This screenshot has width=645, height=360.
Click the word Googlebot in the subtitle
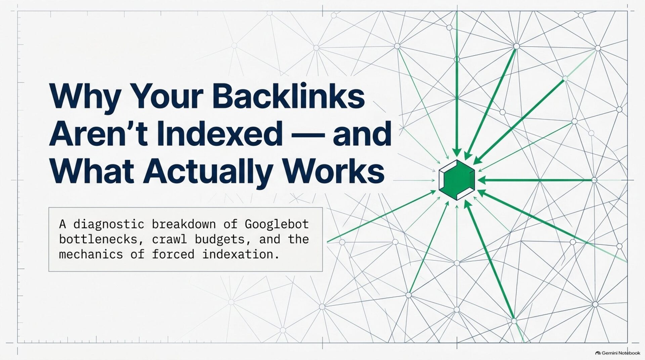(x=276, y=224)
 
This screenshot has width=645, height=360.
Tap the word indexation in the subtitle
(x=241, y=254)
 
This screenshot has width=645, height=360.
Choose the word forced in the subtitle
(x=173, y=254)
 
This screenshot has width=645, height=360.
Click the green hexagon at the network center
(x=457, y=180)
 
